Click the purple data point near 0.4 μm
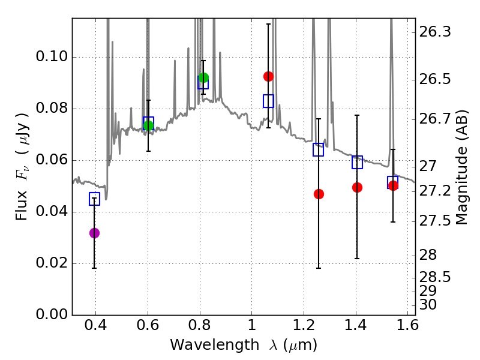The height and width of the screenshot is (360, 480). [94, 233]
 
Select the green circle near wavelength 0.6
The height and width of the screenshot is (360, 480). [148, 125]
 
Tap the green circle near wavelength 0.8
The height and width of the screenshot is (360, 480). [203, 78]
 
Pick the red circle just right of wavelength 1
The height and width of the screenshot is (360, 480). [268, 76]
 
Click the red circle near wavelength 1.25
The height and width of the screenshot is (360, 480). [319, 194]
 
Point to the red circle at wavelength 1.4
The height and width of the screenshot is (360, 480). [357, 187]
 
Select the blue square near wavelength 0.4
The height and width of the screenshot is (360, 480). [94, 199]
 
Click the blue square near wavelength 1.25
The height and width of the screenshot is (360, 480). [319, 149]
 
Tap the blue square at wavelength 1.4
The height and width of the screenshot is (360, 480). [357, 162]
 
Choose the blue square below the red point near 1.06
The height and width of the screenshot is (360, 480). [268, 101]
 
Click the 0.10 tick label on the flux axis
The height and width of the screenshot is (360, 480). [52, 56]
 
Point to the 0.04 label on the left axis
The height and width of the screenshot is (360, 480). [52, 212]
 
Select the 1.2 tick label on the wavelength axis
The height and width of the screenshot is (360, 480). [304, 325]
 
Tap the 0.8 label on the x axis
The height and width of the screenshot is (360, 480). [200, 325]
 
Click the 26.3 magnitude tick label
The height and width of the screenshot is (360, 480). [435, 32]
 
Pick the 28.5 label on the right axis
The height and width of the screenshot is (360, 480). [435, 277]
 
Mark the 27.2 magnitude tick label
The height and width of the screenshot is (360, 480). [435, 191]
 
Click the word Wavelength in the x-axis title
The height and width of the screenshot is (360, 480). [215, 345]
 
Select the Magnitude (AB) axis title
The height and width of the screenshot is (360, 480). [461, 167]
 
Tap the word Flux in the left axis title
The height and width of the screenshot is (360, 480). [22, 206]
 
